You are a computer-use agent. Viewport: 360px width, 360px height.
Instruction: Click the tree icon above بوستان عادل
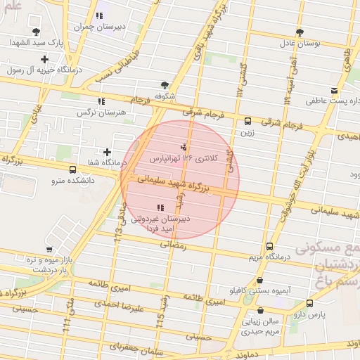click(x=300, y=32)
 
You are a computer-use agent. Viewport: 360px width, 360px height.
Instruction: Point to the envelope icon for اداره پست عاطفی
click(x=333, y=90)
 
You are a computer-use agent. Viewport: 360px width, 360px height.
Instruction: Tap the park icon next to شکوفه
click(x=165, y=84)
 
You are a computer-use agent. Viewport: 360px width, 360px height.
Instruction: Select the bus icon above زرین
click(x=247, y=121)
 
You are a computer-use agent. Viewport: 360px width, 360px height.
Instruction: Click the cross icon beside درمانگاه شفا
click(x=107, y=152)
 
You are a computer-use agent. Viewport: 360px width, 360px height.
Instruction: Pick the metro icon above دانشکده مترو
click(x=72, y=169)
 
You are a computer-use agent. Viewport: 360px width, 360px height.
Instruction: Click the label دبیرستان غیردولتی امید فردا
click(x=160, y=224)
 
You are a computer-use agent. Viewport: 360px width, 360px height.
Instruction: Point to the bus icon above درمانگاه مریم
click(x=269, y=246)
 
